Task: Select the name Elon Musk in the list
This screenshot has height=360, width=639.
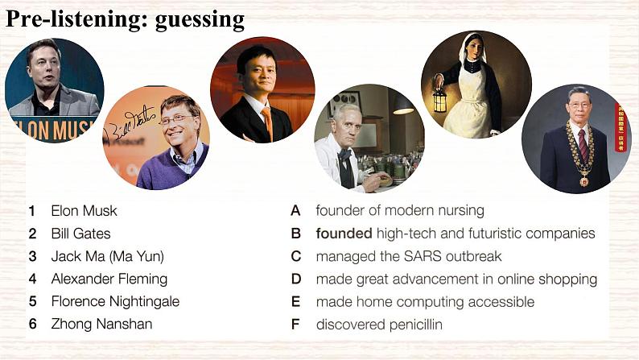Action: tap(84, 211)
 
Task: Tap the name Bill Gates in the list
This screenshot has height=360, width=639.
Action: tap(80, 234)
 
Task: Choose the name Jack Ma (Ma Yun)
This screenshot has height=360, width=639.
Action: tap(107, 256)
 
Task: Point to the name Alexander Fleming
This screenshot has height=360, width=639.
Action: tap(109, 279)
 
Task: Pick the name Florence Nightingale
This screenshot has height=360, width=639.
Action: tap(115, 301)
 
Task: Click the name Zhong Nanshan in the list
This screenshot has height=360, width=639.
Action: tap(101, 324)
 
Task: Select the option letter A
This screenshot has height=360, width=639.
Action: tap(296, 211)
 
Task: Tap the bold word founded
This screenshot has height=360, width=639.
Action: tap(344, 234)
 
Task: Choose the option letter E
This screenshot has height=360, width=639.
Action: tap(296, 302)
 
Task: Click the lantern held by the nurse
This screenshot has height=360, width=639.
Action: tap(439, 101)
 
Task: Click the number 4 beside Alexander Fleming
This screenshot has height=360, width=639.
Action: tap(32, 279)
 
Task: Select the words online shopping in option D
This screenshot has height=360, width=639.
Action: tap(548, 279)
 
